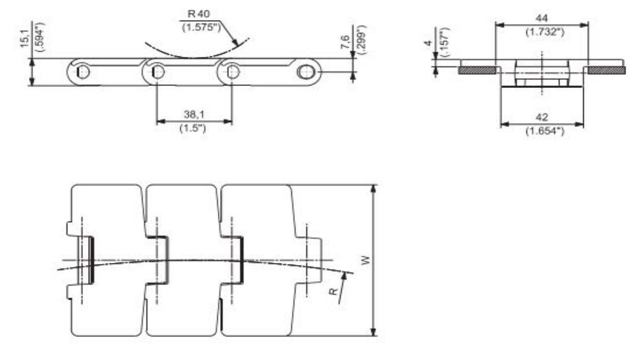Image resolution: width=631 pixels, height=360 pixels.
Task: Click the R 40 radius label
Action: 200,14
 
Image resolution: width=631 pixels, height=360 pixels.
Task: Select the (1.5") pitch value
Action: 194,129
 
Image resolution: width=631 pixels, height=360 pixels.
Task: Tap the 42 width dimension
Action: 541,117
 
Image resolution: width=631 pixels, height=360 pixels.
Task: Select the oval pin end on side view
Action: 305,72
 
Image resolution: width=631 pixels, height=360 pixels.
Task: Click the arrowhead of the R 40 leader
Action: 236,45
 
